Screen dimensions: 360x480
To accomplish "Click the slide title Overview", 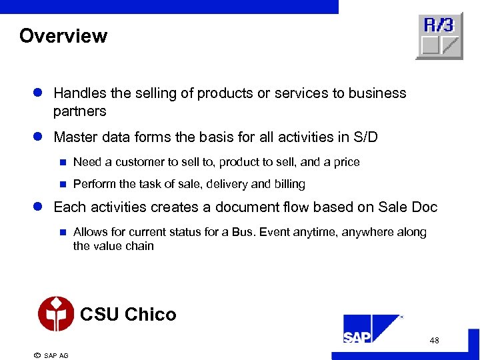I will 63,36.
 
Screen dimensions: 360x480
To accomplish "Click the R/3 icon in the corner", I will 439,35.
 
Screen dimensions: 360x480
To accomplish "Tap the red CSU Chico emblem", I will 56,313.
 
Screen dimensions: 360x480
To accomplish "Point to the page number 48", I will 435,341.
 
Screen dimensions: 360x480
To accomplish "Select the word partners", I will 80,111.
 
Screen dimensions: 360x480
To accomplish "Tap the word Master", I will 75,137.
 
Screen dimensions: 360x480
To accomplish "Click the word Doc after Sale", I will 423,207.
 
